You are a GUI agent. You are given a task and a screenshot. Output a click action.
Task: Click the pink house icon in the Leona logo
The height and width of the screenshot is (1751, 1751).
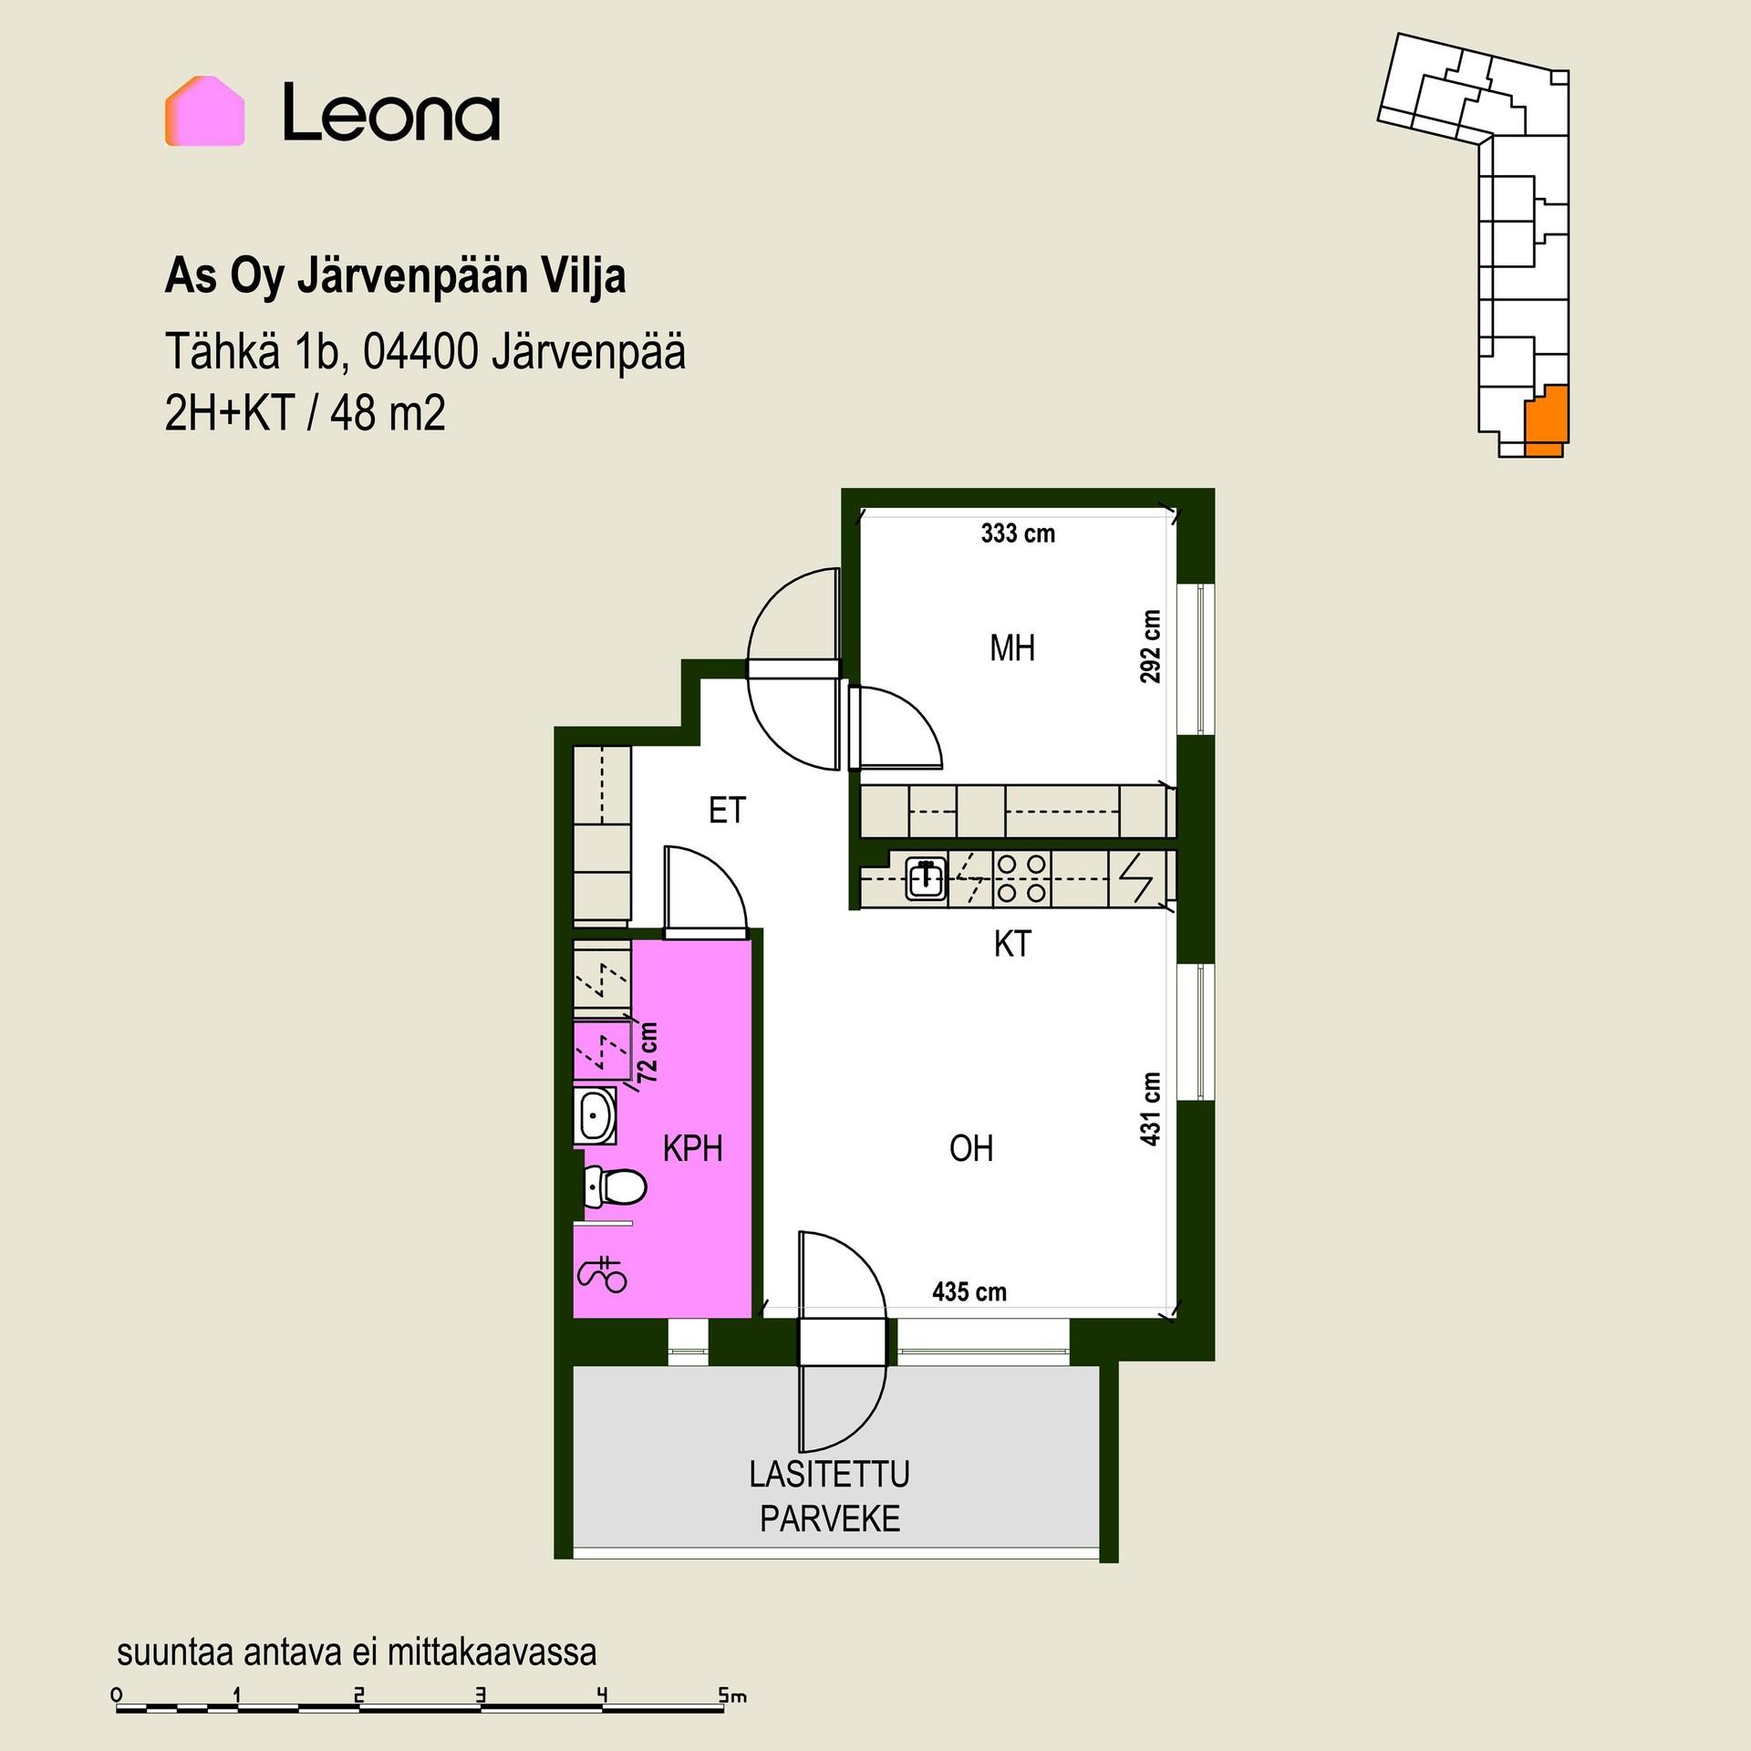tap(204, 111)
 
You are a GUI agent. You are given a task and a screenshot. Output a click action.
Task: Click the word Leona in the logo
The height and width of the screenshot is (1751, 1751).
tap(391, 112)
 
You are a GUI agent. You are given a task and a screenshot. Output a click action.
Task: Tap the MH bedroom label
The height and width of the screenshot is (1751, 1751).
tap(1012, 648)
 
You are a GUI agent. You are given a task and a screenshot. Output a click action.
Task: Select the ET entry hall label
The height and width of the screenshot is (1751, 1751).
tap(727, 810)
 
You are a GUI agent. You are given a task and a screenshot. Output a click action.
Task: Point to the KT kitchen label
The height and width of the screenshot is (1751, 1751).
tap(1012, 944)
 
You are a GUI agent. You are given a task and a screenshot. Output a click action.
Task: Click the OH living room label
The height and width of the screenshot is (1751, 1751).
tap(971, 1148)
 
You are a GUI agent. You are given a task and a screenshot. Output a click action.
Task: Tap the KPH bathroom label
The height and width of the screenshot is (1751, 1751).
tap(693, 1149)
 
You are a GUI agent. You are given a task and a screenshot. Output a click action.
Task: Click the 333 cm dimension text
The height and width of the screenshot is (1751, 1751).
tap(1018, 534)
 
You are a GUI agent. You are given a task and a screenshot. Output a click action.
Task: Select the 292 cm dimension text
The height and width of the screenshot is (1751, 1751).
tap(1151, 647)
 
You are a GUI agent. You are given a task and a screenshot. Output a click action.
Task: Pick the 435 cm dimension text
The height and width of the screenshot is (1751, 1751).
tap(969, 1291)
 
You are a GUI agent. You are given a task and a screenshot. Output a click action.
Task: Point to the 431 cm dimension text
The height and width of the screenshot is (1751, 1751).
tap(1151, 1109)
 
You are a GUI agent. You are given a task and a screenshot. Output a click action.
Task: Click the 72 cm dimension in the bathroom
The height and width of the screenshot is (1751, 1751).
tap(648, 1052)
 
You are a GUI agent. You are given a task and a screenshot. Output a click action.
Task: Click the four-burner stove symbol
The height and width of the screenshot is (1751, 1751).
tap(1021, 877)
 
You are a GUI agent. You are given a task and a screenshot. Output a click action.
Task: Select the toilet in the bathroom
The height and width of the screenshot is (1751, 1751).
tap(615, 1186)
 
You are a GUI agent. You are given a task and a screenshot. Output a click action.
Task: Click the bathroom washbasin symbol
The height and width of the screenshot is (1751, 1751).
tap(596, 1114)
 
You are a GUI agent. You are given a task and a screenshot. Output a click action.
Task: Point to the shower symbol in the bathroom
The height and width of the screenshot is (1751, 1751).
tap(603, 1273)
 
